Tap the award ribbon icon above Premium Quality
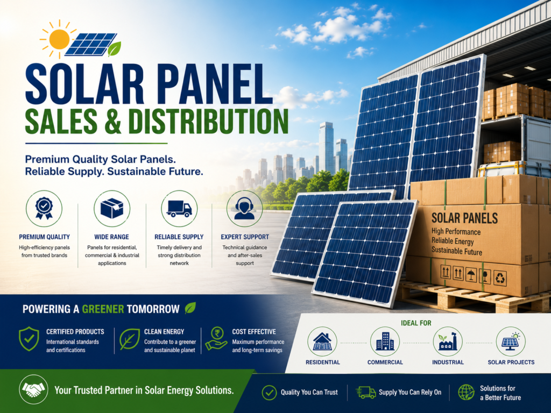44,208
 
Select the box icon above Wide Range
112,208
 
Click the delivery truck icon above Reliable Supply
179,209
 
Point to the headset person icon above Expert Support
244,209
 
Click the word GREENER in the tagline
103,309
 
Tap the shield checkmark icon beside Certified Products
29,339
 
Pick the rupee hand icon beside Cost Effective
216,338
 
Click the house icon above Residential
322,341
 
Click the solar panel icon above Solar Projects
511,341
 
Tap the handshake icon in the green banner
33,389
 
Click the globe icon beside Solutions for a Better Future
467,392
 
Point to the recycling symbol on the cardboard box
500,278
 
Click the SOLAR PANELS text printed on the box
464,218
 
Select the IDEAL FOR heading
416,323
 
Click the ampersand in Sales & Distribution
112,122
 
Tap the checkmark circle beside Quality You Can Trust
269,393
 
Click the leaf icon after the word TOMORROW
190,308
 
